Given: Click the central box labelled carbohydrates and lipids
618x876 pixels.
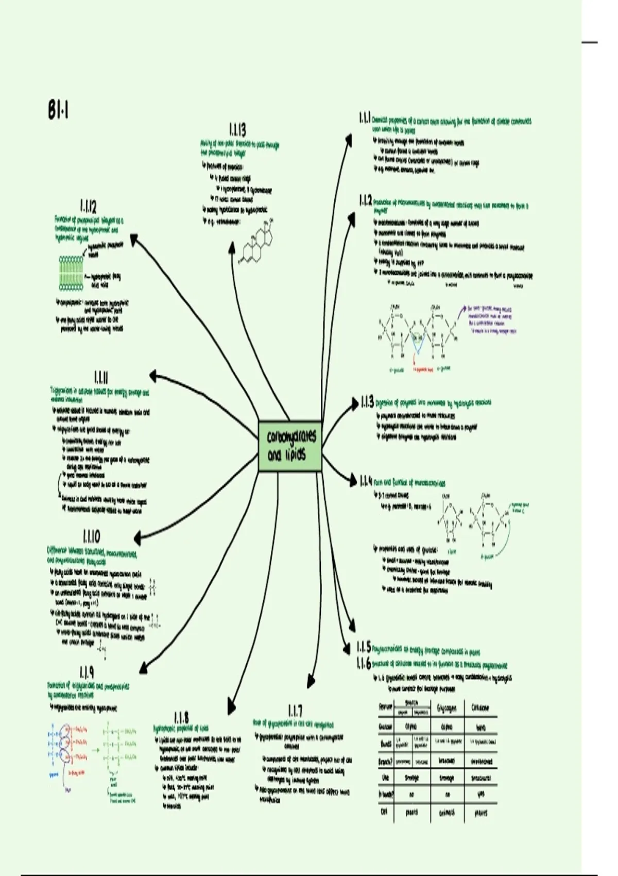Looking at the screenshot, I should coord(289,446).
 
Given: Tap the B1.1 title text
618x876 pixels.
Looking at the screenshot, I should coord(58,110).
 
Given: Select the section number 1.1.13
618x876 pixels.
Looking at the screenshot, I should coord(237,129).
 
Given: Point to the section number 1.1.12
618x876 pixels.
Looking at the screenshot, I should coord(88,207).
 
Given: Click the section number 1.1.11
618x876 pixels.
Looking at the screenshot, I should coord(101,378).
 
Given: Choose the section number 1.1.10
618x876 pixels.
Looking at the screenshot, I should coord(91,536).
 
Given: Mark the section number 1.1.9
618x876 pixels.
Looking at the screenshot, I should coord(87,672).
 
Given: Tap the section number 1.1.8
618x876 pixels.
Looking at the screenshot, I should coord(181,717).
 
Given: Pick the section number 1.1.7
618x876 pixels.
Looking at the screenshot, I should coord(295,711).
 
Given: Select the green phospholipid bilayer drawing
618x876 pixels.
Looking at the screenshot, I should coord(71,273).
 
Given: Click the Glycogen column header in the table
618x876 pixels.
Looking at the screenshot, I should coord(447,708).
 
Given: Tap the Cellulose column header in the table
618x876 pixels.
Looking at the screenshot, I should coord(480,708).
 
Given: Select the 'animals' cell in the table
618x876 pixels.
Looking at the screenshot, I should coord(447,812).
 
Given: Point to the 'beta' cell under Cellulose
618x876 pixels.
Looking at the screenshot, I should coord(480,727).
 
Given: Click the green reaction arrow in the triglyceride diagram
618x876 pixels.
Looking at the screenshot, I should coord(95,750).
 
